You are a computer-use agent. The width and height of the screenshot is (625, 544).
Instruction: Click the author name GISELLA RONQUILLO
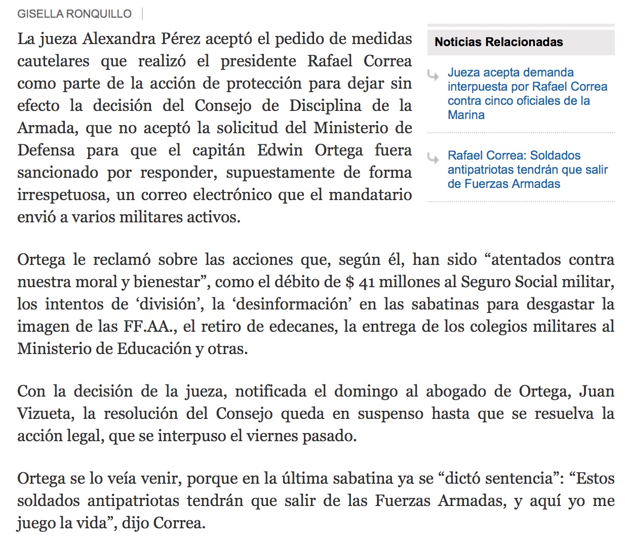pyautogui.click(x=74, y=14)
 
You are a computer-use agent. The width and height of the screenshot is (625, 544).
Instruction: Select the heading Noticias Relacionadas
pyautogui.click(x=498, y=42)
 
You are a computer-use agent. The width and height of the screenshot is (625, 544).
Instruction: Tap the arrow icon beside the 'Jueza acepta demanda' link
pyautogui.click(x=433, y=76)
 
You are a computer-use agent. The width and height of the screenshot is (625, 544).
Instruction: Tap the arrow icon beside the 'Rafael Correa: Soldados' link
pyautogui.click(x=433, y=159)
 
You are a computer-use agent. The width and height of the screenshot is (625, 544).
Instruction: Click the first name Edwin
pyautogui.click(x=280, y=150)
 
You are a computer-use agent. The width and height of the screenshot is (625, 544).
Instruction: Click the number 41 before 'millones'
pyautogui.click(x=366, y=283)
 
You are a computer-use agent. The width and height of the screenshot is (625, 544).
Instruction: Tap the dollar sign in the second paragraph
pyautogui.click(x=349, y=282)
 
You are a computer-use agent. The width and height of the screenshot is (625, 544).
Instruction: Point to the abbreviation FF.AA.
pyautogui.click(x=150, y=327)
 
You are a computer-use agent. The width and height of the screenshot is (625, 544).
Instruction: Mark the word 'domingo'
pyautogui.click(x=366, y=392)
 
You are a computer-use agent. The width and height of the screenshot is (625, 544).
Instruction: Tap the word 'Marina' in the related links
pyautogui.click(x=466, y=115)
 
